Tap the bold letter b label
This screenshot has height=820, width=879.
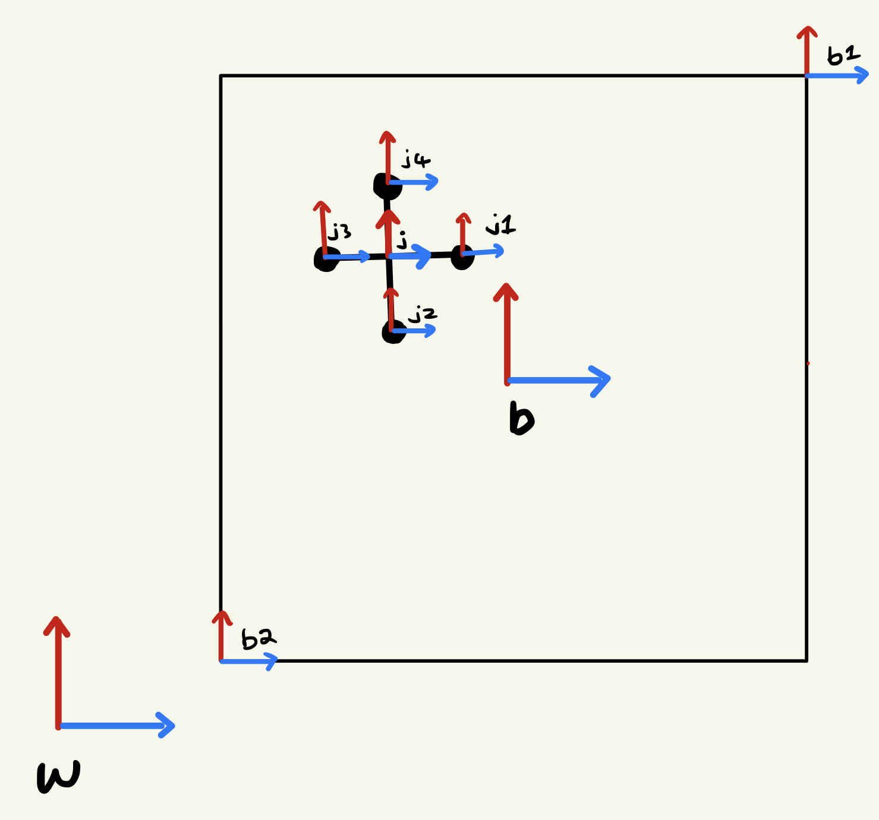[x=521, y=419]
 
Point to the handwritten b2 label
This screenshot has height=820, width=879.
[x=258, y=639]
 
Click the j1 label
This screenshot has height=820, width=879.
[x=500, y=225]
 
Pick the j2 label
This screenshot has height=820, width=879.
[x=423, y=314]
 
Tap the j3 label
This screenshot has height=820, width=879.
[x=340, y=232]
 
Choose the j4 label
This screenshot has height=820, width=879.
[x=415, y=160]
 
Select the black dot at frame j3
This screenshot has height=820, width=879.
[x=325, y=259]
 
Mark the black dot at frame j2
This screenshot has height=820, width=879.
[x=393, y=333]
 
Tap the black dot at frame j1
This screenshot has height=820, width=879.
[x=462, y=258]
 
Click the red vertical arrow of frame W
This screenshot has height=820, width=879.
[x=58, y=671]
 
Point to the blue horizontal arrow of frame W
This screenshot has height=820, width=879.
[x=116, y=725]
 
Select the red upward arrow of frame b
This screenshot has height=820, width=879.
[x=506, y=333]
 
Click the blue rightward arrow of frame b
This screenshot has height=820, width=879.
[x=559, y=380]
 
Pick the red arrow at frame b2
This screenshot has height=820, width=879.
[x=221, y=635]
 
